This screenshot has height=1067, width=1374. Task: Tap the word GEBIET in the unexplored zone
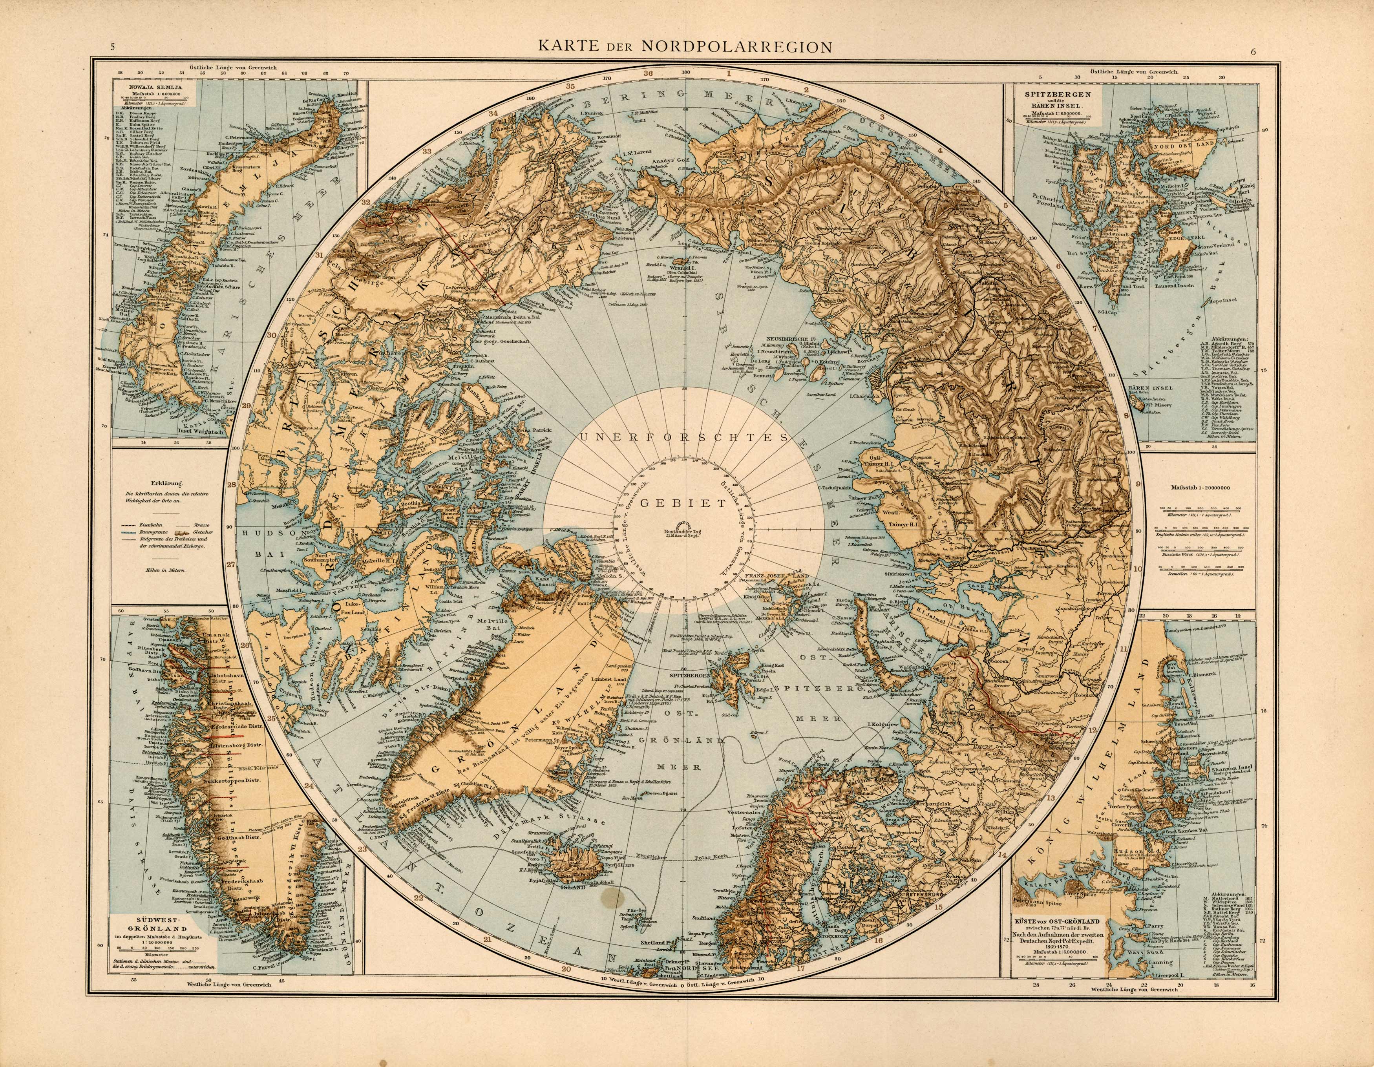pos(683,503)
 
